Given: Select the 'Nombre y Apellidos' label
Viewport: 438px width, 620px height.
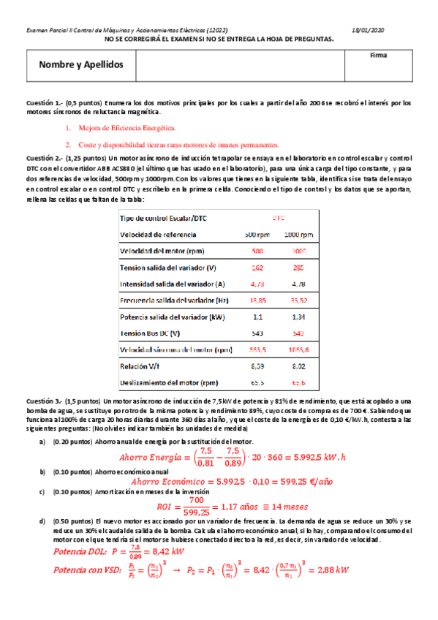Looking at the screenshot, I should pyautogui.click(x=81, y=65).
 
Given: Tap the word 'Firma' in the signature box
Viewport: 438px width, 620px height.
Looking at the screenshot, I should pyautogui.click(x=379, y=55).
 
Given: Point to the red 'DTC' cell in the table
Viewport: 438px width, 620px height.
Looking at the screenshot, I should pyautogui.click(x=279, y=219).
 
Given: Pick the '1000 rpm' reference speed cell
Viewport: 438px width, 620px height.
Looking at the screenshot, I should pyautogui.click(x=298, y=235).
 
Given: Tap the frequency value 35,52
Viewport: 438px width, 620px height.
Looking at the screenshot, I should pyautogui.click(x=298, y=300).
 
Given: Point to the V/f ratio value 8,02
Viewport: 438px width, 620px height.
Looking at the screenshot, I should pyautogui.click(x=298, y=366).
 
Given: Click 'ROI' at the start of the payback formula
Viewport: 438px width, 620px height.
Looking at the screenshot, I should pyautogui.click(x=167, y=507).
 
